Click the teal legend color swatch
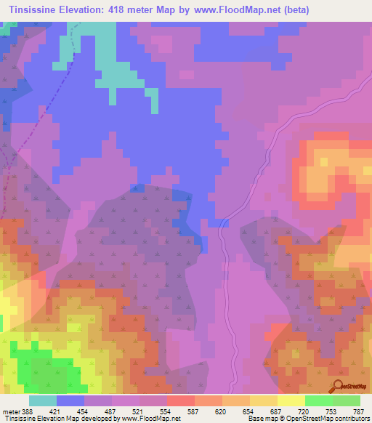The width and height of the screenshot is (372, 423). coord(42,400)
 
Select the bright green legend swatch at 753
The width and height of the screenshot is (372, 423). coord(318,400)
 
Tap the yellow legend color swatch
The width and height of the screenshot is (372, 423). coord(291,400)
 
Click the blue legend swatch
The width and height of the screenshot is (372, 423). coord(70,400)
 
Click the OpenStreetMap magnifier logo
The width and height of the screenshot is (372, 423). coord(336,386)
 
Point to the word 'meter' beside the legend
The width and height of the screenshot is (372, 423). coord(9,411)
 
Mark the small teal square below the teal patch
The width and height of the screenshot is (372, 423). coord(154,101)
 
